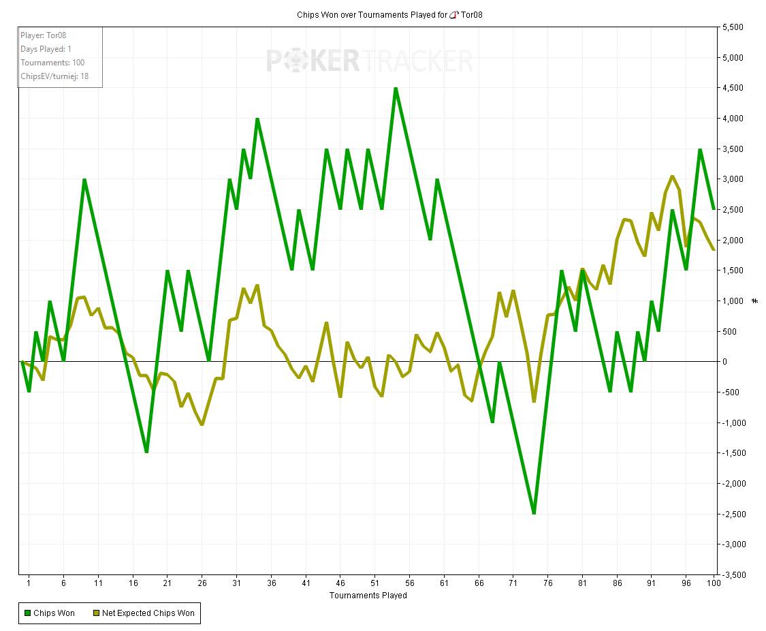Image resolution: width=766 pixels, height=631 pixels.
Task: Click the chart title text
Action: pos(389,14)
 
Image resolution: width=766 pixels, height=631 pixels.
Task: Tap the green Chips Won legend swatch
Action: pos(27,613)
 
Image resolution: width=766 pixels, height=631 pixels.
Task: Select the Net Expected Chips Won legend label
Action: pos(148,613)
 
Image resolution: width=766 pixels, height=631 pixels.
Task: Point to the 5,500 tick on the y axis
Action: pos(735,27)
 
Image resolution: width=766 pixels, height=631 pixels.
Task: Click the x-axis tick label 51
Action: pos(374,583)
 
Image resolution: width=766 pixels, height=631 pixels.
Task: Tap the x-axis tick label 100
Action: pos(714,583)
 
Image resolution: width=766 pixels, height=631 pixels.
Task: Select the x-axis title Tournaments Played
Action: pos(368,596)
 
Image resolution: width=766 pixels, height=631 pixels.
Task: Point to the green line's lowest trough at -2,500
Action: pos(534,513)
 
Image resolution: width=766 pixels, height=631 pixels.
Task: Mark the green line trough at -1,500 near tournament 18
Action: pos(146,452)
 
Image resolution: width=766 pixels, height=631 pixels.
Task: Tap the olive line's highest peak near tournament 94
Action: pos(672,176)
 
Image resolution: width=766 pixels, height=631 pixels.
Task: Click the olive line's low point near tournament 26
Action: pos(202,425)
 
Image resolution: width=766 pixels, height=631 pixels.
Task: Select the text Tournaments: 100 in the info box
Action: pos(52,63)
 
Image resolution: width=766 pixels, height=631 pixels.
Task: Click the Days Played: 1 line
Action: pos(46,49)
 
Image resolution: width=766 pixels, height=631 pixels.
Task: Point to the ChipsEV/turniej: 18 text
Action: pos(54,76)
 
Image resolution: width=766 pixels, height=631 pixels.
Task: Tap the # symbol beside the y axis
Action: pos(754,301)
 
